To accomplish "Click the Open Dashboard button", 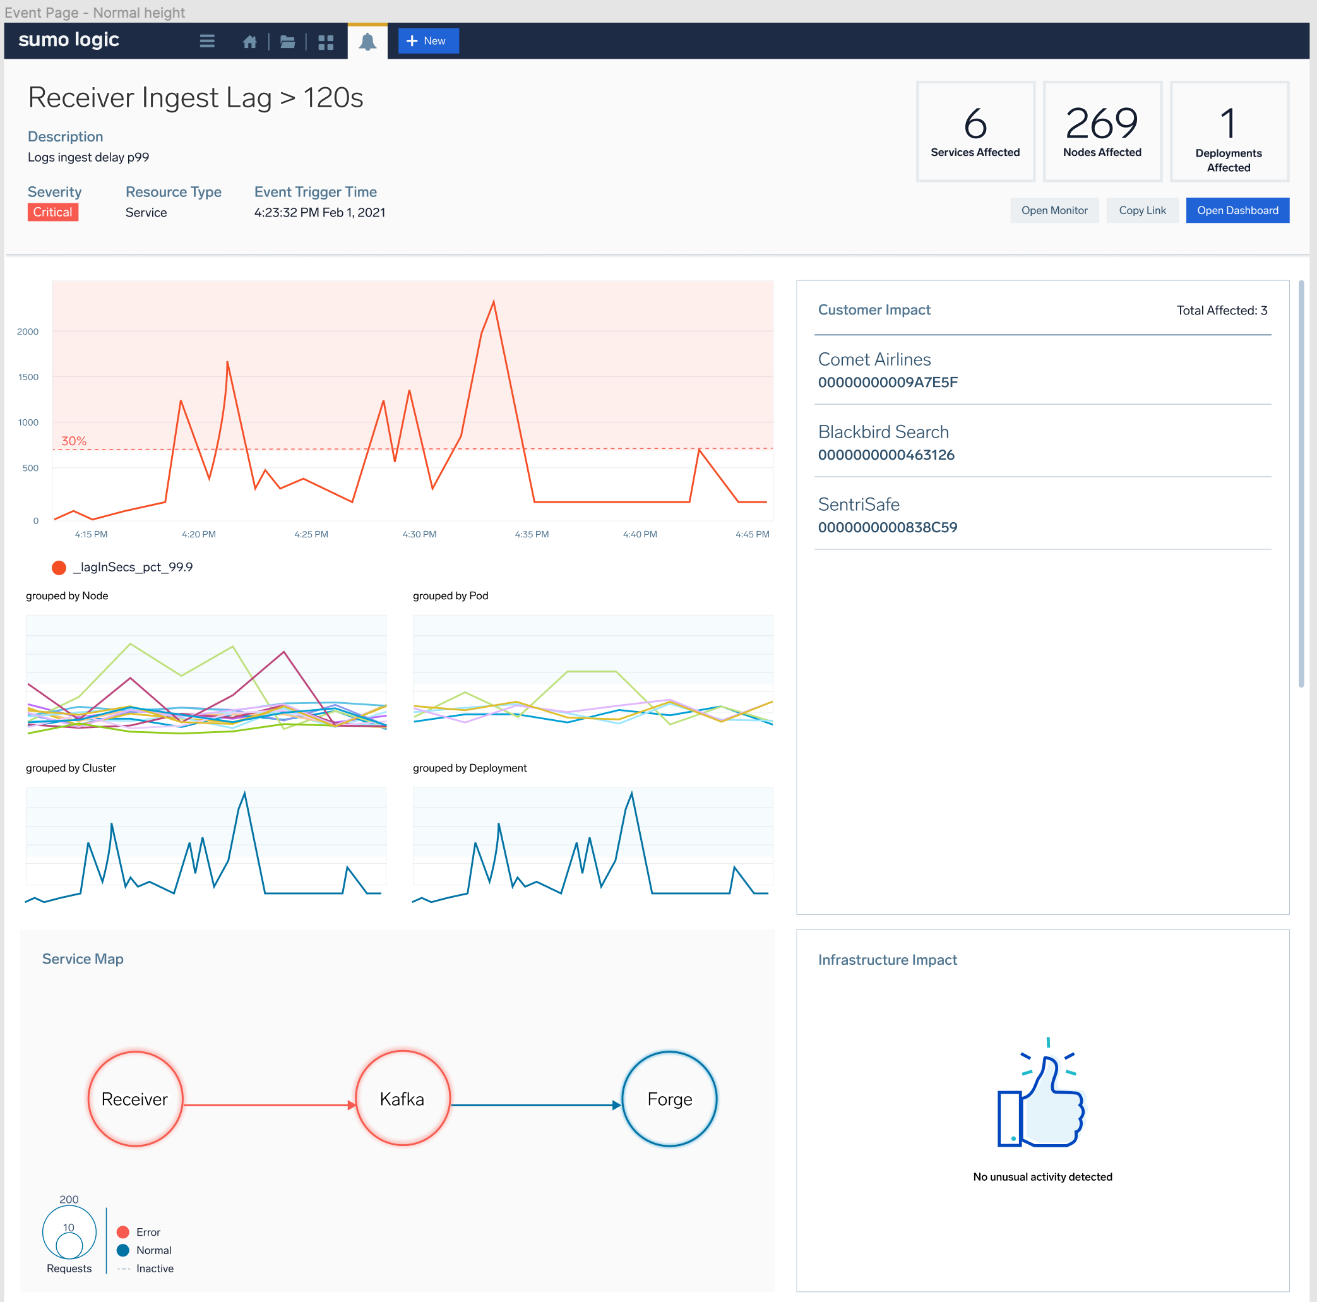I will [x=1237, y=210].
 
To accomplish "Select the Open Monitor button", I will [x=1053, y=210].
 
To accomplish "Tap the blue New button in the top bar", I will [x=427, y=41].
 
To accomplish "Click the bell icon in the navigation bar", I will [x=367, y=42].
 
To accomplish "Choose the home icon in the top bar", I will [x=249, y=42].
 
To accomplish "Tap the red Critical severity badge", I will [x=52, y=212].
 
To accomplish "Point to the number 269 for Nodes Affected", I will [x=1101, y=123].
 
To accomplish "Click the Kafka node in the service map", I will [x=402, y=1098].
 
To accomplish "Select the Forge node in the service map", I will [x=669, y=1098].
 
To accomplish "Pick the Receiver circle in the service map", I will [x=135, y=1098].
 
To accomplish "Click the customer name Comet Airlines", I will [x=874, y=359].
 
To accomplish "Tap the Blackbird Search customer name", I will [x=883, y=431].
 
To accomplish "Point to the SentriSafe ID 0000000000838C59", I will [x=887, y=527].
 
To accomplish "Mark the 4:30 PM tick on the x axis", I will [x=419, y=534].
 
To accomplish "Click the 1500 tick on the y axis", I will [x=28, y=377].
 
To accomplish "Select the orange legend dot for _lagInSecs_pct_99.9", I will [x=59, y=567].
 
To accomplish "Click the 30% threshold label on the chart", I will [x=74, y=441].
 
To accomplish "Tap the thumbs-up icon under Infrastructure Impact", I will [x=1041, y=1097].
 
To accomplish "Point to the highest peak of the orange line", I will [x=494, y=301].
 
